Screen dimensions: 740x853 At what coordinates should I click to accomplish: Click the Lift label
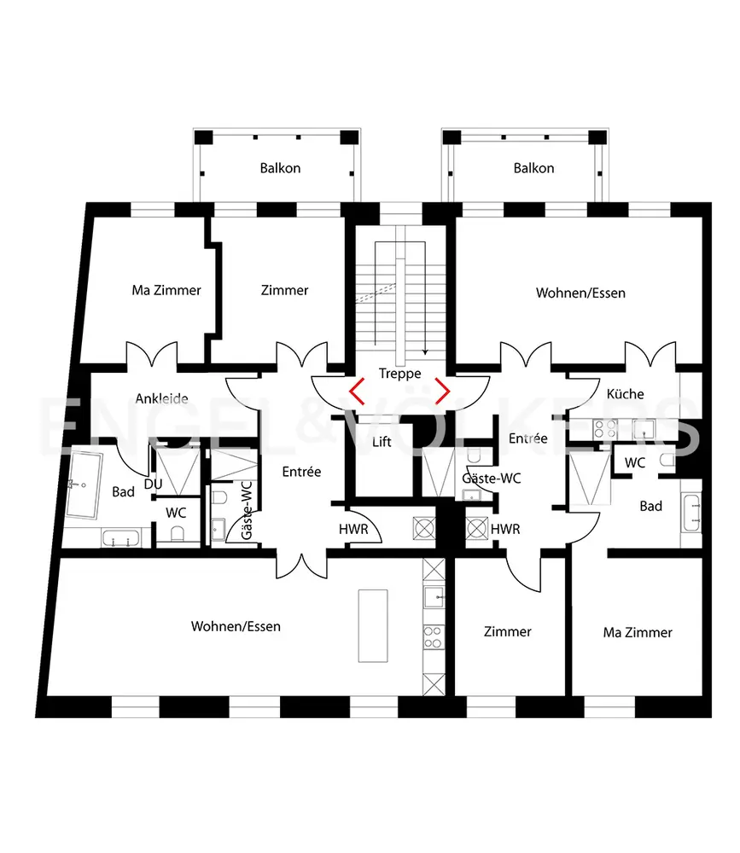coord(382,441)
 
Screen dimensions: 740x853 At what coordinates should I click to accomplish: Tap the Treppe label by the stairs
coord(399,374)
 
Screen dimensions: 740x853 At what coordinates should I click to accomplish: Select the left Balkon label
coord(280,168)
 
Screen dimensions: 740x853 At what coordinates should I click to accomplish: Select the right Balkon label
coord(533,168)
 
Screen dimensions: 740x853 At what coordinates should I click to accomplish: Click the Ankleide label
coord(161,398)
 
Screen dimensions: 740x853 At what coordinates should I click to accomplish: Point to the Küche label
coord(625,394)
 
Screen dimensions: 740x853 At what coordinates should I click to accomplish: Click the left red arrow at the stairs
coord(357,392)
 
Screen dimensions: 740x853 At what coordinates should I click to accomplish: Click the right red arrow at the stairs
coord(443,392)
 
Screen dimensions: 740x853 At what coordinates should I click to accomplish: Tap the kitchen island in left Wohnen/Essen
coord(373,625)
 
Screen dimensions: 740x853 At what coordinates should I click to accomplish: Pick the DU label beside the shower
coord(153,484)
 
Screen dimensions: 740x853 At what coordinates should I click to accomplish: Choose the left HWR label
coord(353,529)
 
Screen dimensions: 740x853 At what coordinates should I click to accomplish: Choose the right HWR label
coord(505,529)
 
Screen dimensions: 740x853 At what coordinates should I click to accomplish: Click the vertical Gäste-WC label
coord(247,510)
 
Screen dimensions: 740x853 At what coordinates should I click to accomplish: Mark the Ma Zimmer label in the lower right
coord(638,632)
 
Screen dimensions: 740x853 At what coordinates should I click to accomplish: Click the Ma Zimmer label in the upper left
coord(166,290)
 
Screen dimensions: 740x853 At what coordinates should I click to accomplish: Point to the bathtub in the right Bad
coord(691,514)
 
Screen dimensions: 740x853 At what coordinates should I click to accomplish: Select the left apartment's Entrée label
coord(301,472)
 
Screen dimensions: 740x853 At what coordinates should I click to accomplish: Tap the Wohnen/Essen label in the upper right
coord(580,293)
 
